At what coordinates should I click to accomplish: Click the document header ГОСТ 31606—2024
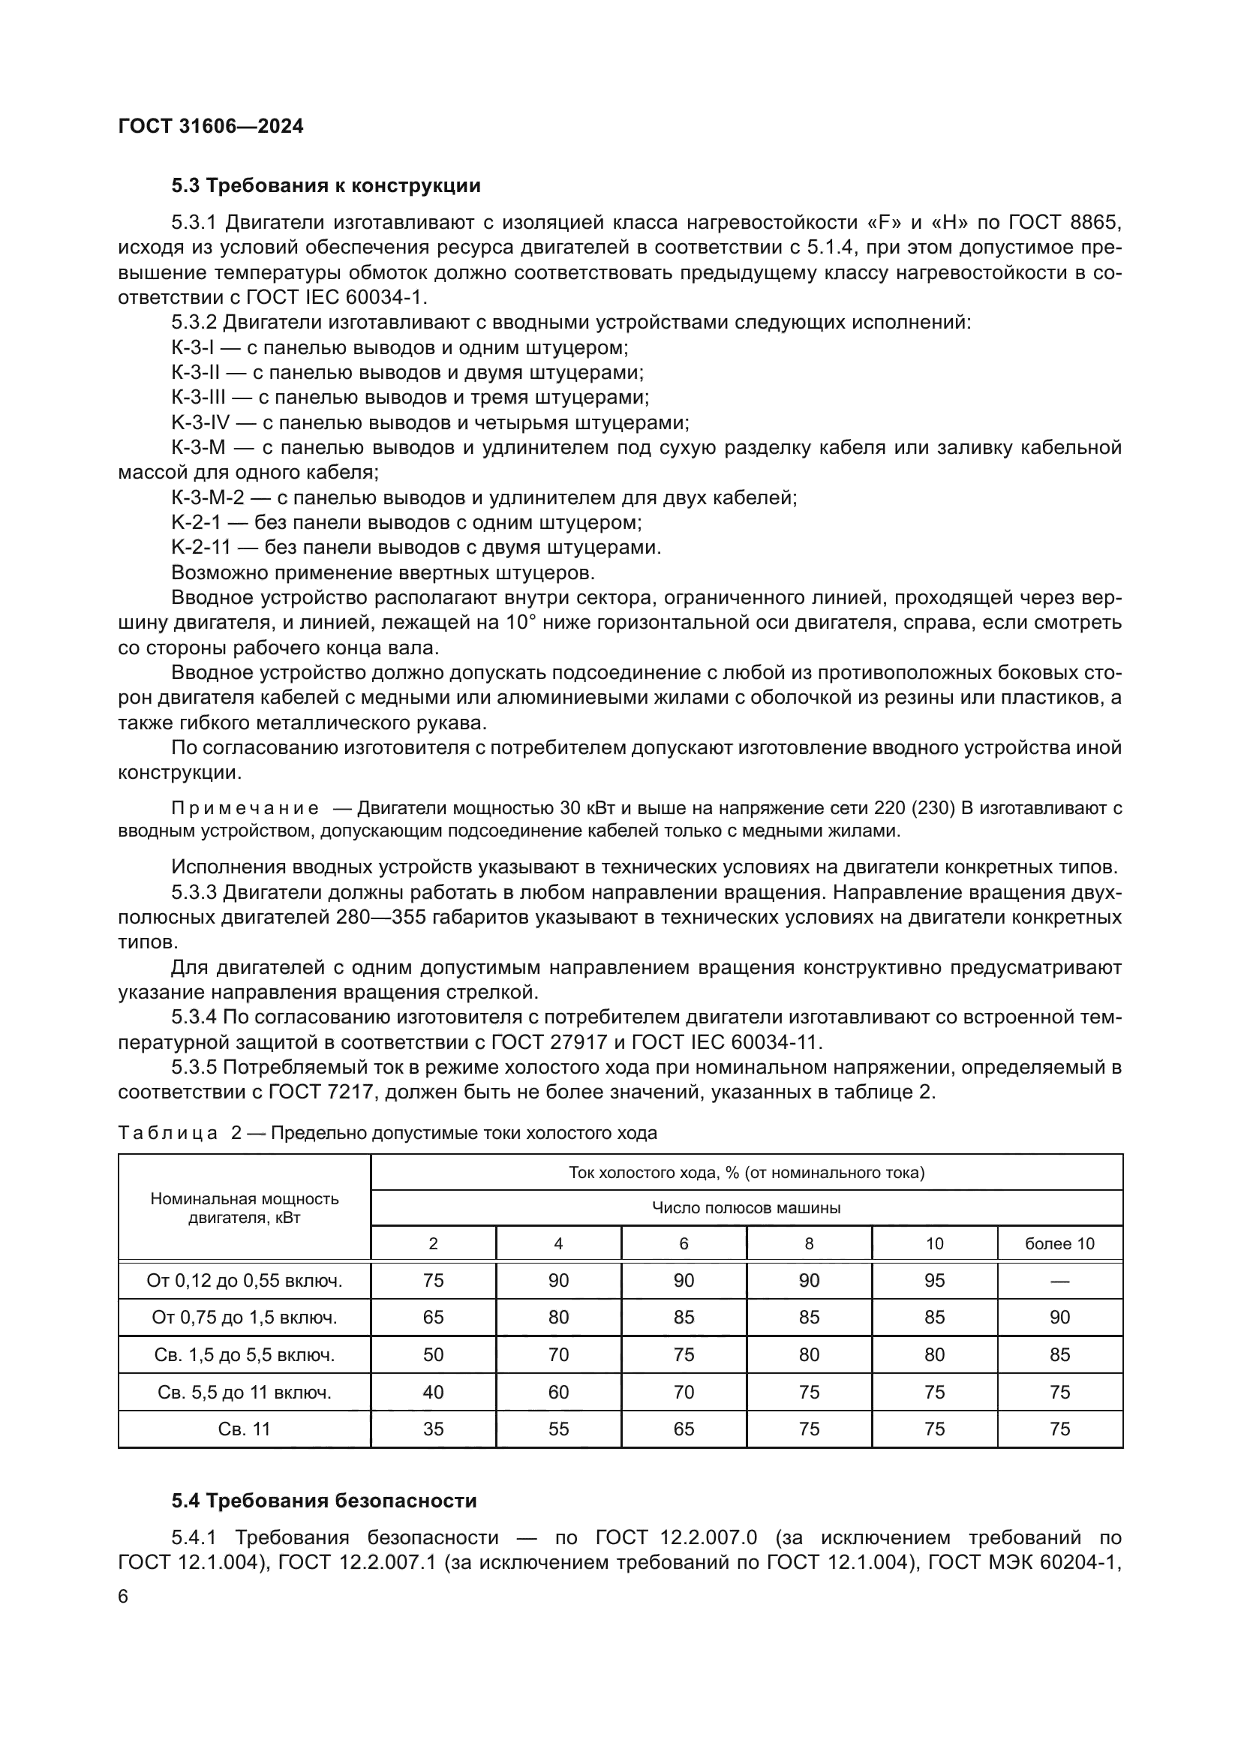tap(211, 126)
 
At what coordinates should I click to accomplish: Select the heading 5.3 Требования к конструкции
tap(326, 186)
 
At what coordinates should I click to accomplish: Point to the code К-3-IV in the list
tap(200, 422)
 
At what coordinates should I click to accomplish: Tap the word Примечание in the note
tap(245, 809)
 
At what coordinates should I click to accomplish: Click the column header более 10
tap(1059, 1243)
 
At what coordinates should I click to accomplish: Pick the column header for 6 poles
tap(684, 1243)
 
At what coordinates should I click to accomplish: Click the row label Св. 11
tap(245, 1429)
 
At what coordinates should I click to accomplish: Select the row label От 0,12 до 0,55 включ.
tap(245, 1280)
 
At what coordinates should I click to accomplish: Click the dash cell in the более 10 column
tap(1059, 1280)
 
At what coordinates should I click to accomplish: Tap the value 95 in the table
tap(935, 1280)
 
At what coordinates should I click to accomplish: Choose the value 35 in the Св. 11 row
tap(433, 1429)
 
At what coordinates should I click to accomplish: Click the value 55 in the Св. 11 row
tap(559, 1429)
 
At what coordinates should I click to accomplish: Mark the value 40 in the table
tap(433, 1392)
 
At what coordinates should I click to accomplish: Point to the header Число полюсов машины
tap(746, 1208)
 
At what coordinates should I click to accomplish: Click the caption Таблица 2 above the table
tap(179, 1133)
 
